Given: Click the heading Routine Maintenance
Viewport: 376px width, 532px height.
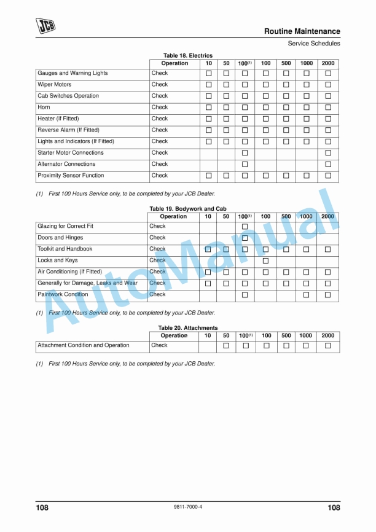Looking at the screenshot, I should (302, 31).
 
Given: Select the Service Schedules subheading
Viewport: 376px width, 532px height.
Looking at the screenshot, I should (313, 44).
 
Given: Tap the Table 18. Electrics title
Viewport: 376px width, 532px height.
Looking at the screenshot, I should (188, 56).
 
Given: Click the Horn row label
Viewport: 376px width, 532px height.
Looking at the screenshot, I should (44, 108).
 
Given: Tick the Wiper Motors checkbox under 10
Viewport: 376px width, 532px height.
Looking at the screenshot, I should (208, 85).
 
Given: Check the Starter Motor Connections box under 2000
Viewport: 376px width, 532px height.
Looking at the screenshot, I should (328, 153).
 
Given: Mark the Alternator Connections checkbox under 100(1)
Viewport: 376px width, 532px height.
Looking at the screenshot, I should (245, 165).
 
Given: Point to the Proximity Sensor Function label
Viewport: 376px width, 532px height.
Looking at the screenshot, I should (71, 176).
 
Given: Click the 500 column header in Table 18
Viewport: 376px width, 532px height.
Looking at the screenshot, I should (286, 63).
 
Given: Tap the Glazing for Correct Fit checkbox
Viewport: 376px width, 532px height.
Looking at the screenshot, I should (245, 227).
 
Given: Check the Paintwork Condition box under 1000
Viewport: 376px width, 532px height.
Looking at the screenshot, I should (306, 295).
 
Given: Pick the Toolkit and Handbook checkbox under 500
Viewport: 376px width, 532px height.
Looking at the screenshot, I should (286, 249).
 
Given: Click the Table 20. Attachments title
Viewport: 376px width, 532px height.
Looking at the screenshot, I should (188, 328).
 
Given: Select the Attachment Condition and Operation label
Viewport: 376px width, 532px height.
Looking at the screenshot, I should (84, 345).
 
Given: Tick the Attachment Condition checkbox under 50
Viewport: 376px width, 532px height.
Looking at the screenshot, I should (226, 346).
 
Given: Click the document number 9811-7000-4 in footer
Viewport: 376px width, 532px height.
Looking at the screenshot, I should (188, 507).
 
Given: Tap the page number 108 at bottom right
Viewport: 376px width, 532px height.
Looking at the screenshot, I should (334, 507).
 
